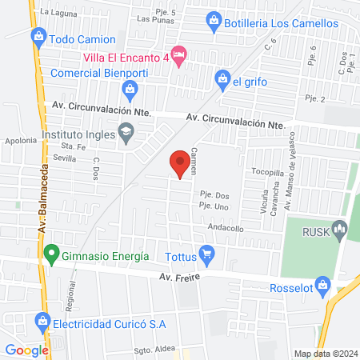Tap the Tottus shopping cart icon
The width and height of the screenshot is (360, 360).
click(209, 257)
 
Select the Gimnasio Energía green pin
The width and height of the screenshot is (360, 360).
click(52, 256)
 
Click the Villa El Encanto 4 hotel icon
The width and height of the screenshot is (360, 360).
click(181, 57)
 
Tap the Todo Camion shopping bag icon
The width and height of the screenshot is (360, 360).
click(38, 37)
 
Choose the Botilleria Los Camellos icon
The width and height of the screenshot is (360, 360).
click(214, 21)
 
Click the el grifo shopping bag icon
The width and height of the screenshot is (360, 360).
click(222, 78)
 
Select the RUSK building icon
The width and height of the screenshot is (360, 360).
click(341, 232)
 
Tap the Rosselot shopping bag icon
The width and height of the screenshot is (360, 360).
click(322, 284)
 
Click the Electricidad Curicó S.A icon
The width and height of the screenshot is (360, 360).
click(42, 324)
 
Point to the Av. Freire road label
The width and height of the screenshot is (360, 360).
click(178, 278)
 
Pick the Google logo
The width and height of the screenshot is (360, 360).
click(27, 350)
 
